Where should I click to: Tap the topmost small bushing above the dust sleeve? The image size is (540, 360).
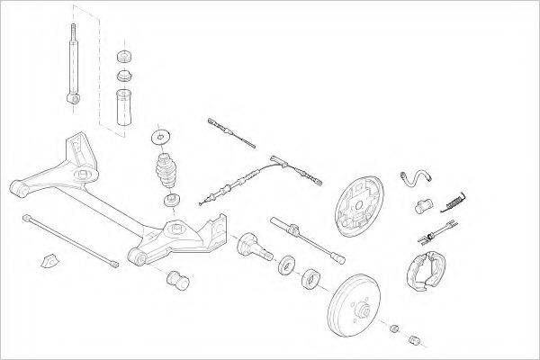coord(123,56)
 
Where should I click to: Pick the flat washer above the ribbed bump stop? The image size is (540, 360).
coord(161,137)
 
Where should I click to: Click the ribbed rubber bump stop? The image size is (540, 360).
coord(166,170)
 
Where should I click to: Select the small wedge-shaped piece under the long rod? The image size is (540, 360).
coord(50,261)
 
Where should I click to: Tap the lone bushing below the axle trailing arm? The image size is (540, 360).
coord(176,280)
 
